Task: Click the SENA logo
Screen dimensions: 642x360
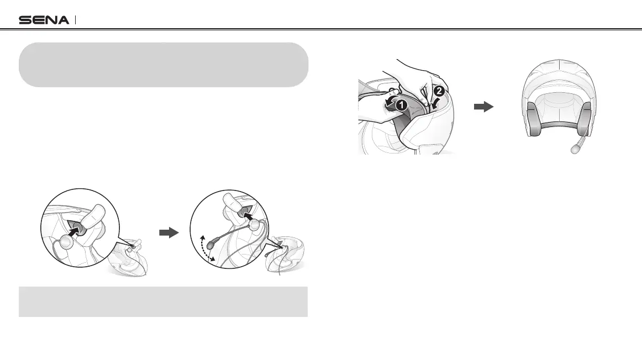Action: click(44, 20)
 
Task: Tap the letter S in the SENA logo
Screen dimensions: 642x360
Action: click(25, 20)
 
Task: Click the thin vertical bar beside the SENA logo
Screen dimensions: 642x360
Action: click(75, 20)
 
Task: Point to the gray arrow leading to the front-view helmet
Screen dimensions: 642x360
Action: click(483, 108)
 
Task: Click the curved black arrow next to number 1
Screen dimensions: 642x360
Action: click(388, 104)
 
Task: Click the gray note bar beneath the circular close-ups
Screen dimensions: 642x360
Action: click(163, 301)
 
